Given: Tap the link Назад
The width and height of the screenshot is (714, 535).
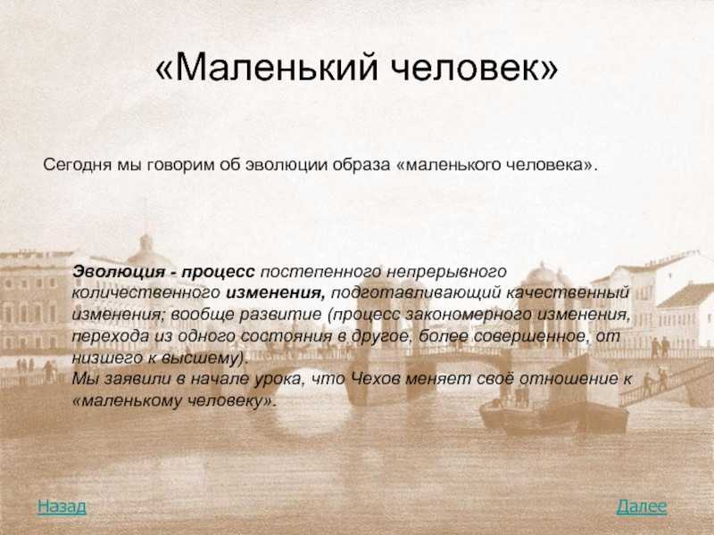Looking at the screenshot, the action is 62,506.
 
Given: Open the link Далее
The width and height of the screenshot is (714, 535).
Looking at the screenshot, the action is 642,506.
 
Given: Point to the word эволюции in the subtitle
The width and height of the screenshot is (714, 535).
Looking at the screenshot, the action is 286,164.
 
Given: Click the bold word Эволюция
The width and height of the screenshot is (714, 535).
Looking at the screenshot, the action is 119,272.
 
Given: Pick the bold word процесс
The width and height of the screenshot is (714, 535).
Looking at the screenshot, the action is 218,272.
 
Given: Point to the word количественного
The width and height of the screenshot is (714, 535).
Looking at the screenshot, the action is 145,292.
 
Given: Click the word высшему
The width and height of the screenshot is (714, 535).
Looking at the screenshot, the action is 206,358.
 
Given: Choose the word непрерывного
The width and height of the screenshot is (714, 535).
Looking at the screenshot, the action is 446,272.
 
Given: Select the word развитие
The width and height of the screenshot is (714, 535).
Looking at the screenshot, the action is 280,315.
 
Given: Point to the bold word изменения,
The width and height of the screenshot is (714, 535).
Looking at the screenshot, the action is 276,293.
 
